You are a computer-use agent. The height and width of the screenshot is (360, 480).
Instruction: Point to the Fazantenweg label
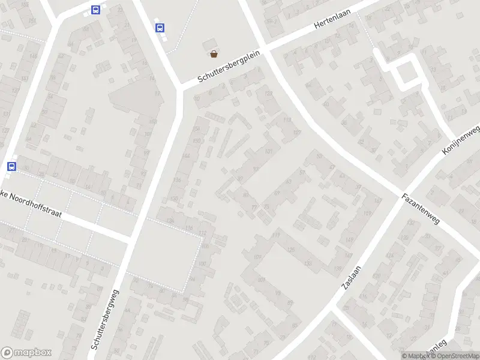[x=421, y=209]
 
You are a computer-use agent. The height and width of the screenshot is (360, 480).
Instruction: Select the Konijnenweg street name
[x=461, y=141]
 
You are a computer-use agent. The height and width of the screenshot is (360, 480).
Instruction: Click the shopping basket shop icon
[x=214, y=54]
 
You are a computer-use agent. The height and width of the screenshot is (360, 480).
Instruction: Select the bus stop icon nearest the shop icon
[x=160, y=28]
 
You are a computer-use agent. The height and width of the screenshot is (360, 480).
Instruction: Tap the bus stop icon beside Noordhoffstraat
[x=11, y=166]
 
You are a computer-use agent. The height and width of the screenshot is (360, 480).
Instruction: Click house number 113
[x=287, y=120]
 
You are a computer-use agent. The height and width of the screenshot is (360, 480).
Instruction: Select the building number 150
[x=196, y=140]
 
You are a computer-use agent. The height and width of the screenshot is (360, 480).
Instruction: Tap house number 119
[x=277, y=235]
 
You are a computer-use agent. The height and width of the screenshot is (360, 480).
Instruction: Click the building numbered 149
[x=349, y=241]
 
